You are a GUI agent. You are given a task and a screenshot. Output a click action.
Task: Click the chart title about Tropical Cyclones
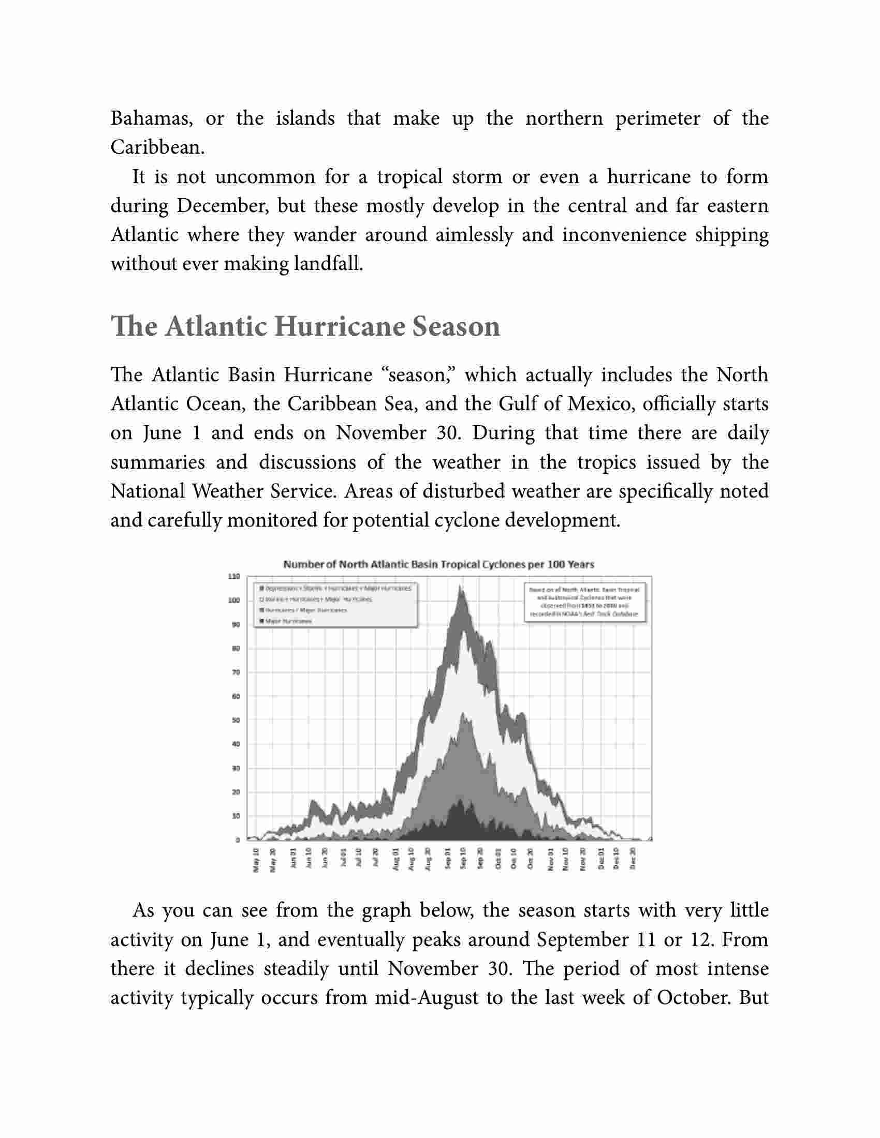pos(438,564)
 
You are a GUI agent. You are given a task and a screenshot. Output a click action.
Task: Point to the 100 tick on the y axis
pos(234,600)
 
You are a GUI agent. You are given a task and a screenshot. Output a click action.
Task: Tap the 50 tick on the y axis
pos(235,720)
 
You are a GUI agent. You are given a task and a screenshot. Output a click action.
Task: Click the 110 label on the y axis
pos(233,576)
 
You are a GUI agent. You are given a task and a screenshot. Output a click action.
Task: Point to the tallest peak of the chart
pos(460,588)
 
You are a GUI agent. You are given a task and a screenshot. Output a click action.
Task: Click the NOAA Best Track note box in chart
pos(584,602)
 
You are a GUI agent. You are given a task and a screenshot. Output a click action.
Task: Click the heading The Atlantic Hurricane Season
pos(305,327)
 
